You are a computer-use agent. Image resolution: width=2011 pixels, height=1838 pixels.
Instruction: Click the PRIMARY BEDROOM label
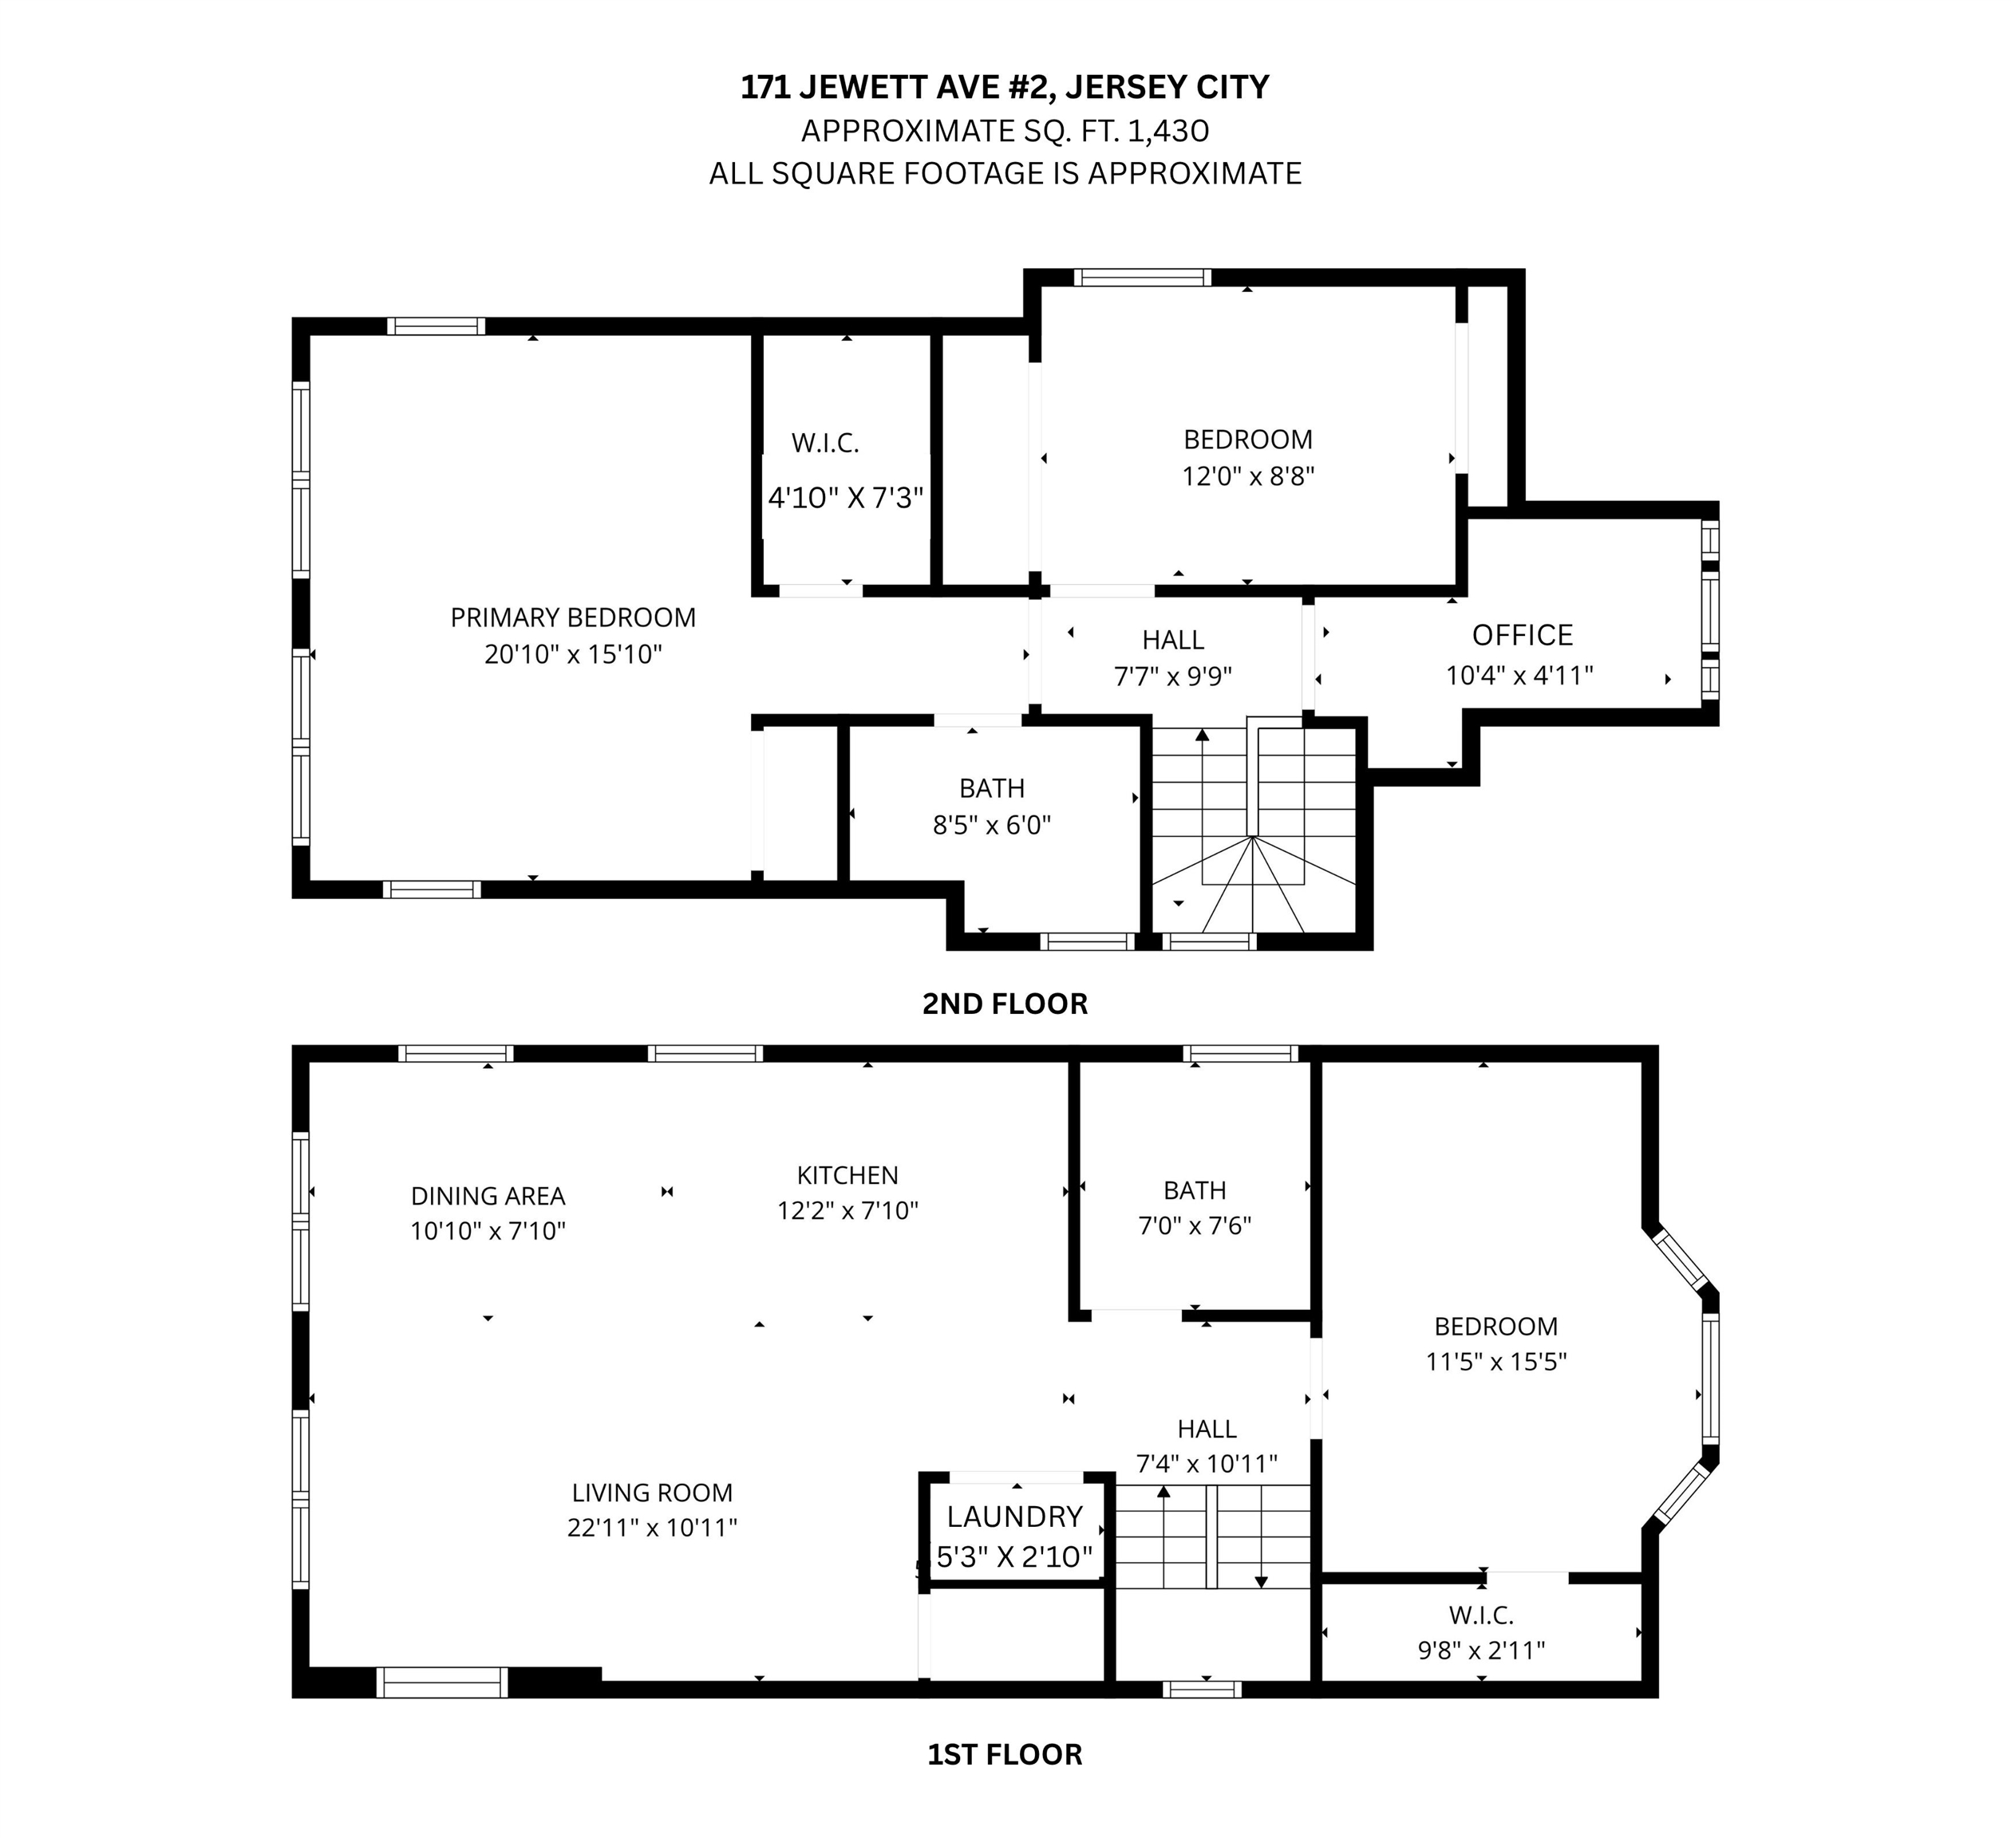[573, 617]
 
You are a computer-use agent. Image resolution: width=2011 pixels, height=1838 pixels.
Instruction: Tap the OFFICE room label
[1523, 635]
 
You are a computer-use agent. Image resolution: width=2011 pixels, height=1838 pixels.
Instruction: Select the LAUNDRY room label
[1014, 1517]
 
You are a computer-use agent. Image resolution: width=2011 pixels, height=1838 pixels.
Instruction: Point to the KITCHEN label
[847, 1175]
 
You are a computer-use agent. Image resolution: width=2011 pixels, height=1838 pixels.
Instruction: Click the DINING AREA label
[488, 1196]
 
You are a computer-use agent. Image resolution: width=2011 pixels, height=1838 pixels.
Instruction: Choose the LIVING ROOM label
[653, 1493]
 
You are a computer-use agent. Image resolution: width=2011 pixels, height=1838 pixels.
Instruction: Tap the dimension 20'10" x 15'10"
[574, 655]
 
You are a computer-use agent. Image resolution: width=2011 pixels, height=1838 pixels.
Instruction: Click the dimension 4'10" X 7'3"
[846, 498]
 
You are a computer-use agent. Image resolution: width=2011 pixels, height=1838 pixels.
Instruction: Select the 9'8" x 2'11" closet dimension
[1481, 1651]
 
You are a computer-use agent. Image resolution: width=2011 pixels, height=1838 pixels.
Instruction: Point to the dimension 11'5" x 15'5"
[1496, 1361]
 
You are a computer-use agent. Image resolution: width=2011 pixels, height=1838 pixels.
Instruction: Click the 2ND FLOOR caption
[1005, 1004]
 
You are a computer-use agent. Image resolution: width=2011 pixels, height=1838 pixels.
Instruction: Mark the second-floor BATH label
[991, 788]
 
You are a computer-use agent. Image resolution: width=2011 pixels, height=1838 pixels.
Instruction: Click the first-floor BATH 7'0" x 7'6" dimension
[1195, 1225]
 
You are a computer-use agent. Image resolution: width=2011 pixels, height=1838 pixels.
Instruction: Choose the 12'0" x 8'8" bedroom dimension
[1248, 477]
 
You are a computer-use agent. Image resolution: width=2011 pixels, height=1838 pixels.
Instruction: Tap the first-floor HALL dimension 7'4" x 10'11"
[1207, 1464]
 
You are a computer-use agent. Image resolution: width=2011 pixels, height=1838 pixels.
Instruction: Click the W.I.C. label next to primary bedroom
[825, 443]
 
